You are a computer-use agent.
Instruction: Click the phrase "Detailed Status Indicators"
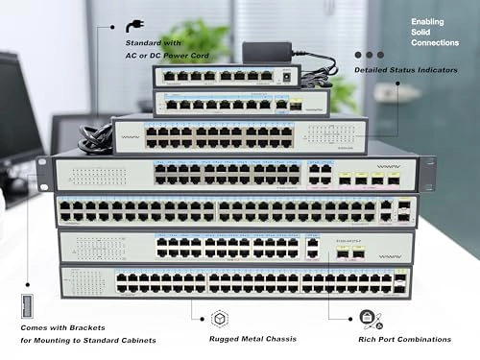405,70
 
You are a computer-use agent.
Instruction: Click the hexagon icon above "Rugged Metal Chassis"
219,318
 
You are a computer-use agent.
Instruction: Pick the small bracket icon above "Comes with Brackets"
27,308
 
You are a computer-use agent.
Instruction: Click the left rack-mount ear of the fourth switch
43,173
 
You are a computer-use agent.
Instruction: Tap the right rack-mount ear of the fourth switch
426,174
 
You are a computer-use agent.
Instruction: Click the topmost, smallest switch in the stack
227,75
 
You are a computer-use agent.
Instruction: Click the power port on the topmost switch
284,75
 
